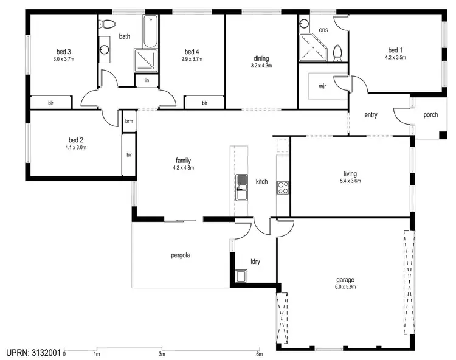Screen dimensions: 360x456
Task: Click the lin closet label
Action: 147,80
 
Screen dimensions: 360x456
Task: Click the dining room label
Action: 261,58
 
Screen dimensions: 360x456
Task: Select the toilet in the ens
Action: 337,52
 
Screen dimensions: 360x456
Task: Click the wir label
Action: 322,86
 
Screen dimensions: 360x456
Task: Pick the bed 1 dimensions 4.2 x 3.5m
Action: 395,58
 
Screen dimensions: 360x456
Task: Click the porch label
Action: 430,114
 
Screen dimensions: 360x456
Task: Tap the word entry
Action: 371,115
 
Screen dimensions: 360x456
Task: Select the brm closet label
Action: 129,121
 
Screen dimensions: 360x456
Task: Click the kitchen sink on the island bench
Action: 241,181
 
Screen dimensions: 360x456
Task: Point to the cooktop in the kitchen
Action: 283,187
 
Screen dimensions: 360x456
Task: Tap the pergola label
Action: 181,255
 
